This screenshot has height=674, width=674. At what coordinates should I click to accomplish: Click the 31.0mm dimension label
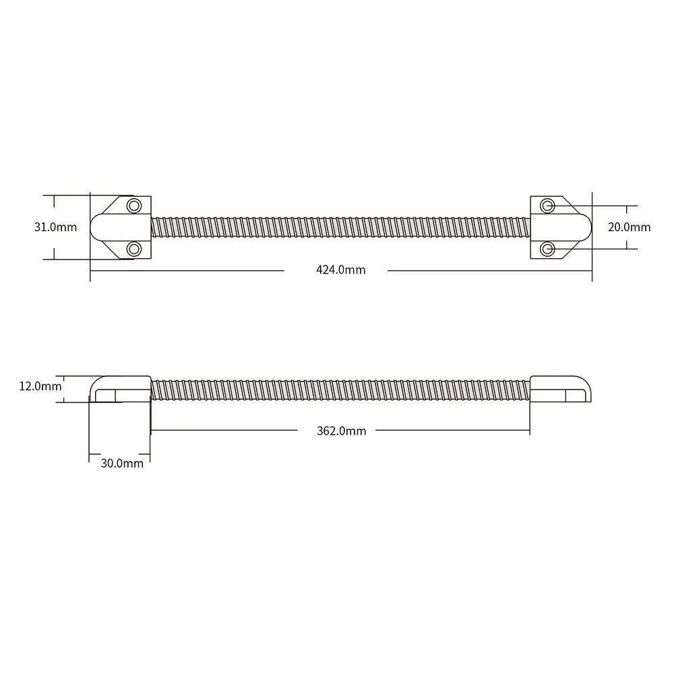[x=55, y=227]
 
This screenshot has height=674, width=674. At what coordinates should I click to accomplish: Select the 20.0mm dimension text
[x=629, y=227]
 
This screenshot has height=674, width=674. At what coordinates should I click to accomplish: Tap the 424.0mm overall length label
[x=340, y=270]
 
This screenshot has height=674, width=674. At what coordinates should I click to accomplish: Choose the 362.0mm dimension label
[x=341, y=431]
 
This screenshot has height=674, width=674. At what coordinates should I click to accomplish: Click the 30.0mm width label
[x=122, y=463]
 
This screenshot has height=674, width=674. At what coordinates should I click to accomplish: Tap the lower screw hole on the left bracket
[x=134, y=249]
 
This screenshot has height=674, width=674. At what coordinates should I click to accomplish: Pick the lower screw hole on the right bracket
[x=548, y=249]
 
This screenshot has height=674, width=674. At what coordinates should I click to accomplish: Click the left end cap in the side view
[x=118, y=389]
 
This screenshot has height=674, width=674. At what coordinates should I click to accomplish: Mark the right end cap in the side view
[x=561, y=389]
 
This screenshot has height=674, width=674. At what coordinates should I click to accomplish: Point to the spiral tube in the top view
[x=340, y=227]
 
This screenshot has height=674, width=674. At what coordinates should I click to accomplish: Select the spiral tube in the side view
[x=340, y=390]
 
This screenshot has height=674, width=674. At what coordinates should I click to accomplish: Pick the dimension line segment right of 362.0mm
[x=452, y=430]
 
